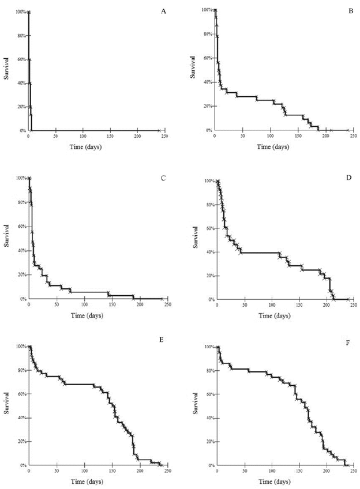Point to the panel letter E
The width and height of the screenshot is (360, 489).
point(162,341)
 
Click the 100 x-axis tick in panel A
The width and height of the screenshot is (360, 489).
point(83,136)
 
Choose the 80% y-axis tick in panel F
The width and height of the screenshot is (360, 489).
point(207,371)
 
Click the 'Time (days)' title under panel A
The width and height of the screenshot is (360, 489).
point(82,145)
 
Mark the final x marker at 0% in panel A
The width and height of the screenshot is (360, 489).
point(159,131)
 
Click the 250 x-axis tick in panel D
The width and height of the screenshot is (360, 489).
point(354,305)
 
